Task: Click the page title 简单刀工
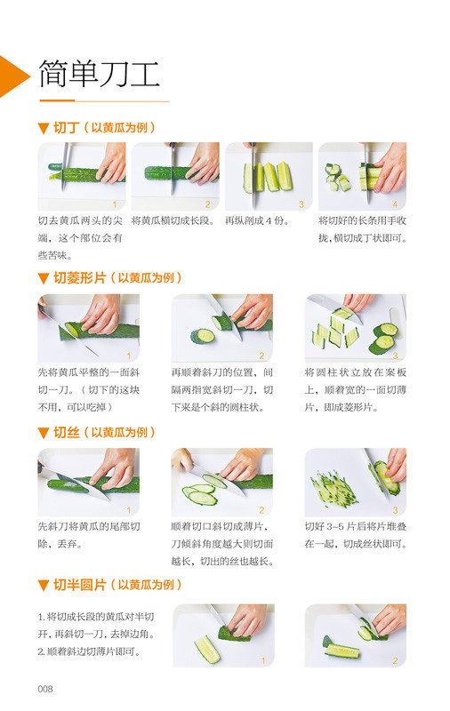(x=99, y=74)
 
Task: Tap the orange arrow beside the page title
(x=13, y=76)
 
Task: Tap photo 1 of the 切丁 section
(x=81, y=176)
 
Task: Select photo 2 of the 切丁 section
(x=174, y=176)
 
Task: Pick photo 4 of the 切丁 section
(x=362, y=176)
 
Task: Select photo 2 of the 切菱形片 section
(x=221, y=327)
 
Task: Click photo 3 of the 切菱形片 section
(x=355, y=327)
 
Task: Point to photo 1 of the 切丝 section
(x=88, y=481)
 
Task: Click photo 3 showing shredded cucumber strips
(x=355, y=481)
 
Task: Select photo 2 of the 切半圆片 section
(x=355, y=635)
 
